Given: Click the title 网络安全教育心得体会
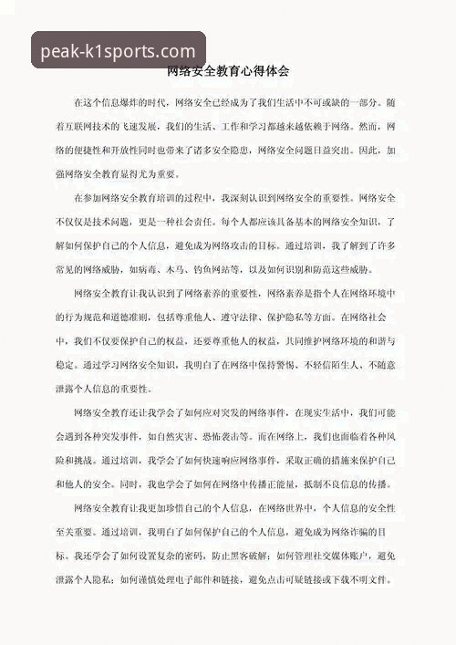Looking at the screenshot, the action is (228, 71).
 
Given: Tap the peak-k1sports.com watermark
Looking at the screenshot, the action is (119, 51).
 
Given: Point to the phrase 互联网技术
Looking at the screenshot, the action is (108, 126).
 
